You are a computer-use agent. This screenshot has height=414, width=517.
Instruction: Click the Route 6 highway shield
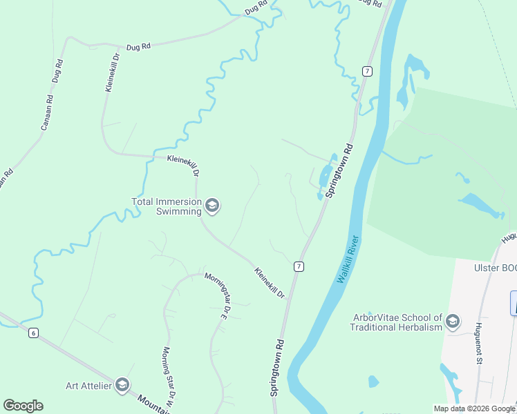[32, 333]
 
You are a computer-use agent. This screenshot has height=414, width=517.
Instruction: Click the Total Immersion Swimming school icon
[213, 206]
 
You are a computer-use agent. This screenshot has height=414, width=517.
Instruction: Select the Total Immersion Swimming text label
[167, 206]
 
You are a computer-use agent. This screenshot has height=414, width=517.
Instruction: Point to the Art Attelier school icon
[122, 385]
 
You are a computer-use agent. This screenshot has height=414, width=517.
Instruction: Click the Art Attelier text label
[88, 386]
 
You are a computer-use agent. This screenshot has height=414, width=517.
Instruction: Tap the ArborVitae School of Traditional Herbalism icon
[453, 322]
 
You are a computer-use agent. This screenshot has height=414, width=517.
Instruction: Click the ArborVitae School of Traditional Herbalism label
[395, 322]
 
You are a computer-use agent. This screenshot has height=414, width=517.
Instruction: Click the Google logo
[23, 405]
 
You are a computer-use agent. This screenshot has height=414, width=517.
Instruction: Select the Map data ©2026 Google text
[474, 408]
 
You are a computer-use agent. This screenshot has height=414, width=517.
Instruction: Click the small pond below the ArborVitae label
[373, 381]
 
